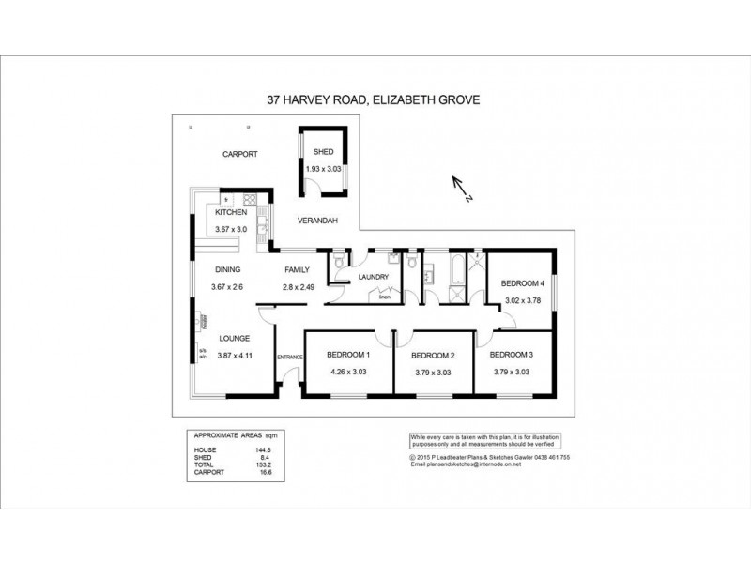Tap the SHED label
[322, 152]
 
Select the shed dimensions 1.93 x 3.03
[323, 169]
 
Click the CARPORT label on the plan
[239, 154]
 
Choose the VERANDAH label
[317, 221]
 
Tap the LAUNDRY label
[373, 277]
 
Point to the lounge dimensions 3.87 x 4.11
[236, 356]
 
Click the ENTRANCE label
[288, 357]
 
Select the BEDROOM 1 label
[348, 354]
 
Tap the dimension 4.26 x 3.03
[348, 372]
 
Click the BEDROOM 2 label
[434, 355]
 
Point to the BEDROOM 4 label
[522, 283]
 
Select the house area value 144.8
[251, 449]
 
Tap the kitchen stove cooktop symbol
[252, 199]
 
